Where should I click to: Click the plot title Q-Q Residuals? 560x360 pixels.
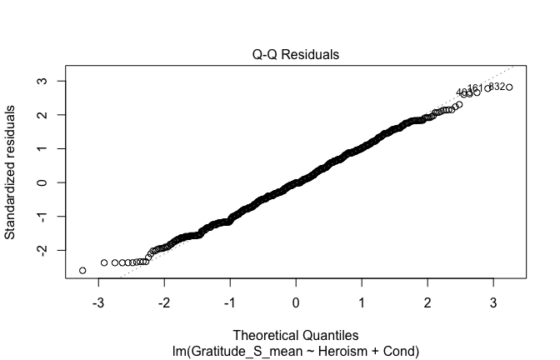(x=296, y=54)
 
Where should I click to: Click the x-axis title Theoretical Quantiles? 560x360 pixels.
(x=296, y=337)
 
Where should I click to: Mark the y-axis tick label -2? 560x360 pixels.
(x=39, y=250)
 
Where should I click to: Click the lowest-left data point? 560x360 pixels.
(x=82, y=270)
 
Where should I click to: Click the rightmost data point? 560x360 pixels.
(x=509, y=87)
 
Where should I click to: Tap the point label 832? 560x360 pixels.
(x=497, y=87)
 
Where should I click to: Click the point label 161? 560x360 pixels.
(x=475, y=88)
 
